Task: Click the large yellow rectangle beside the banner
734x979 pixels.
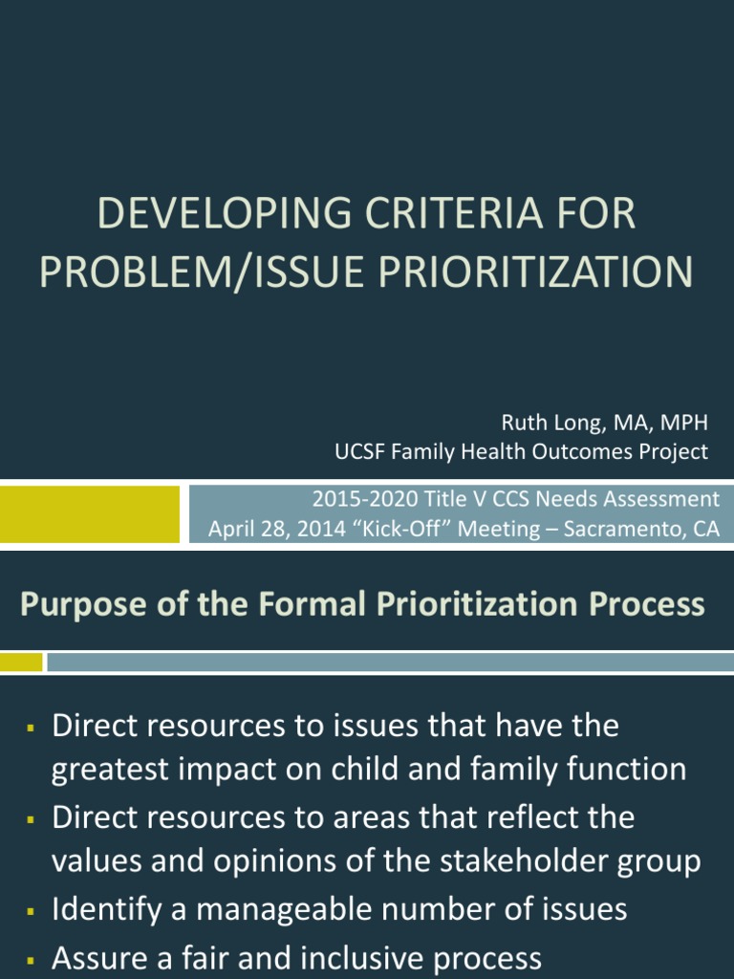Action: (90, 514)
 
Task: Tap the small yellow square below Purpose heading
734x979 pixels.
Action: (21, 662)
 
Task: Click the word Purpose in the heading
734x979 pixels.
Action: (72, 605)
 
